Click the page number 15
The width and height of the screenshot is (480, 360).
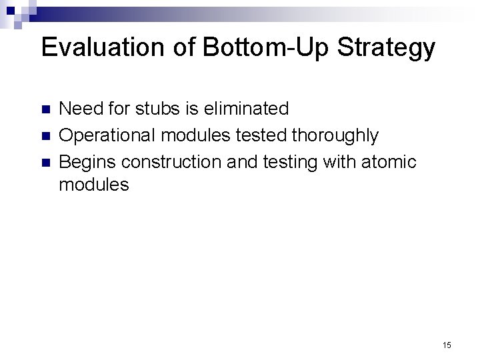(x=447, y=345)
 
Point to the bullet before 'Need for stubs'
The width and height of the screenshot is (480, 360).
(x=46, y=109)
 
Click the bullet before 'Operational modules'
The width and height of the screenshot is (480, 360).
(x=46, y=136)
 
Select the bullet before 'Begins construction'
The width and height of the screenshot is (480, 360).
(x=46, y=163)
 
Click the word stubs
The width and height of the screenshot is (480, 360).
(x=179, y=108)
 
